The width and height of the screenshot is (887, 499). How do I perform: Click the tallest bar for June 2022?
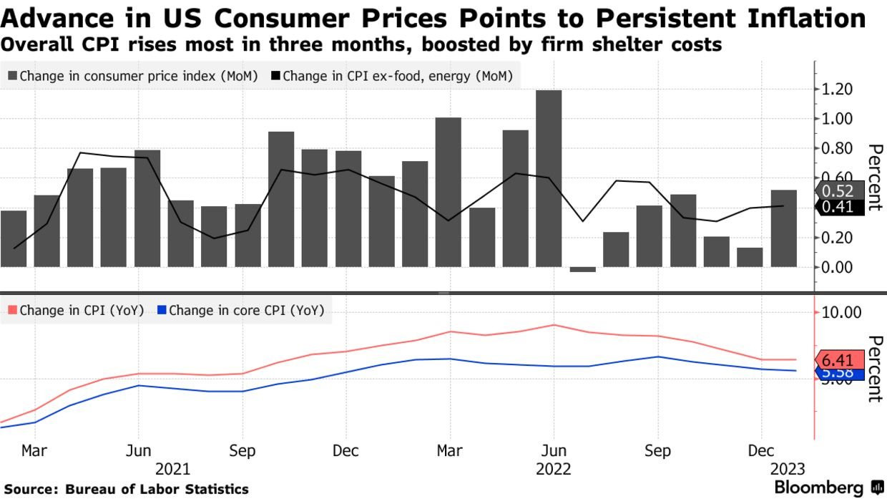[548, 178]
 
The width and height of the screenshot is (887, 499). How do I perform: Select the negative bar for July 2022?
[582, 269]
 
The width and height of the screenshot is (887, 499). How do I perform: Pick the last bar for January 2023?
[783, 228]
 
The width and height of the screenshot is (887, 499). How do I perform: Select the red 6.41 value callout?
[838, 360]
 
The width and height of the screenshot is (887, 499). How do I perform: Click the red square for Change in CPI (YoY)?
[13, 311]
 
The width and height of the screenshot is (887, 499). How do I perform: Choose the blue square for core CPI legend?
[162, 311]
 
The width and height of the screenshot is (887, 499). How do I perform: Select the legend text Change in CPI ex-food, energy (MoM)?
[397, 76]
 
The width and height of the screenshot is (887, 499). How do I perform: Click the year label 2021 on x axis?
[172, 470]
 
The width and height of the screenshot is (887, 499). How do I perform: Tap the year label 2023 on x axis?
[787, 470]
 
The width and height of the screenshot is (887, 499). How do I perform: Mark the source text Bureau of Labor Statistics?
[157, 490]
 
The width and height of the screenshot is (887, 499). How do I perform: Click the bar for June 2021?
[147, 208]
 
